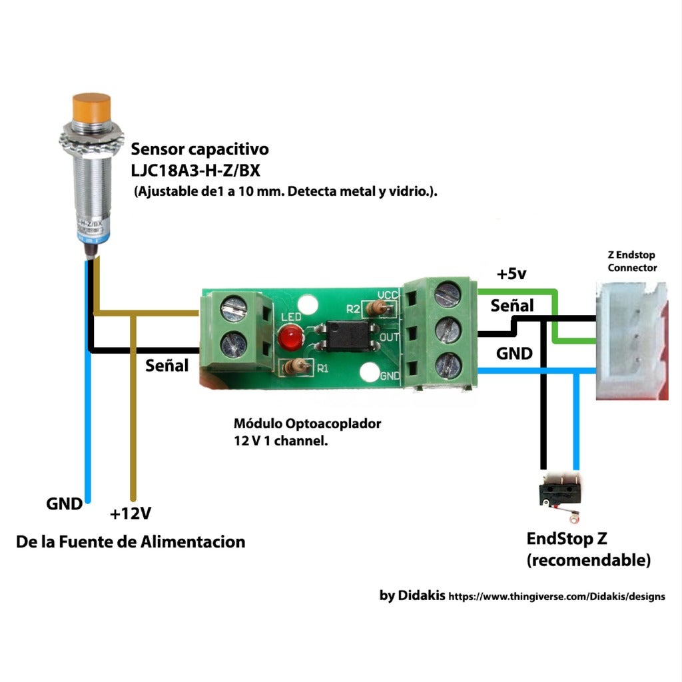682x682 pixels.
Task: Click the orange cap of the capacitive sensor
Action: (91, 109)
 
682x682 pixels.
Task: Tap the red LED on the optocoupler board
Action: (289, 338)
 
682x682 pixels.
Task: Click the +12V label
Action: (131, 513)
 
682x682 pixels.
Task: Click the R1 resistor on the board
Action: (296, 366)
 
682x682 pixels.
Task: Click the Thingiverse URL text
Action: (556, 597)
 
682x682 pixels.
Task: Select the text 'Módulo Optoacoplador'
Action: (307, 424)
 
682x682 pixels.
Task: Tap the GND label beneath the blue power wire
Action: (64, 504)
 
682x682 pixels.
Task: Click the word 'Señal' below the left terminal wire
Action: (167, 365)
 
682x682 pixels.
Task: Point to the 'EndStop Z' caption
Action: (567, 538)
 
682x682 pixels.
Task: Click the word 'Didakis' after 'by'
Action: (422, 595)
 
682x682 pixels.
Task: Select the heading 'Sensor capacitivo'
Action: (200, 148)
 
